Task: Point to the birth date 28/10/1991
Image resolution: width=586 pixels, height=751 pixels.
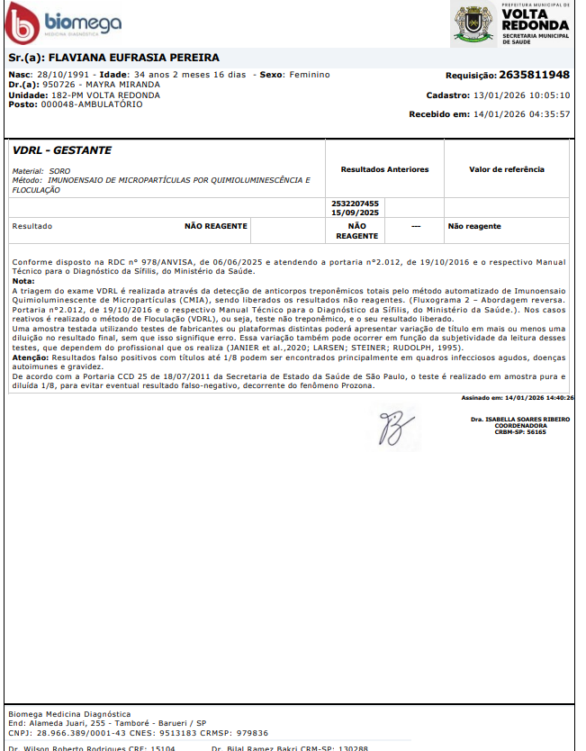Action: click(x=64, y=75)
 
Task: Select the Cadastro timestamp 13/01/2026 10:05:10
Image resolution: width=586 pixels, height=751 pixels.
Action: click(x=521, y=95)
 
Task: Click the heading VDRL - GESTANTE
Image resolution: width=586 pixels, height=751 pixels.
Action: click(x=62, y=150)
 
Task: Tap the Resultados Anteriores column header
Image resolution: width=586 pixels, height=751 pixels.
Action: click(x=384, y=169)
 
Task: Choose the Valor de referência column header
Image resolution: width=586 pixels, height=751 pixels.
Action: click(x=507, y=169)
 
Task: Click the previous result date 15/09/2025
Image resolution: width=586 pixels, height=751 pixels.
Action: click(x=356, y=212)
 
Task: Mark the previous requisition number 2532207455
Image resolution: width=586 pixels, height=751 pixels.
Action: click(x=356, y=204)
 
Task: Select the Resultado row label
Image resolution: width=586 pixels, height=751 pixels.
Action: click(x=32, y=226)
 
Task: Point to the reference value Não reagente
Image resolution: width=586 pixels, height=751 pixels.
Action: click(x=474, y=226)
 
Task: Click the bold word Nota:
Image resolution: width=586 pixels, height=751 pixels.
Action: click(x=24, y=281)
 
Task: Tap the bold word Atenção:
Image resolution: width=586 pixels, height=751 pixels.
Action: click(x=31, y=357)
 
